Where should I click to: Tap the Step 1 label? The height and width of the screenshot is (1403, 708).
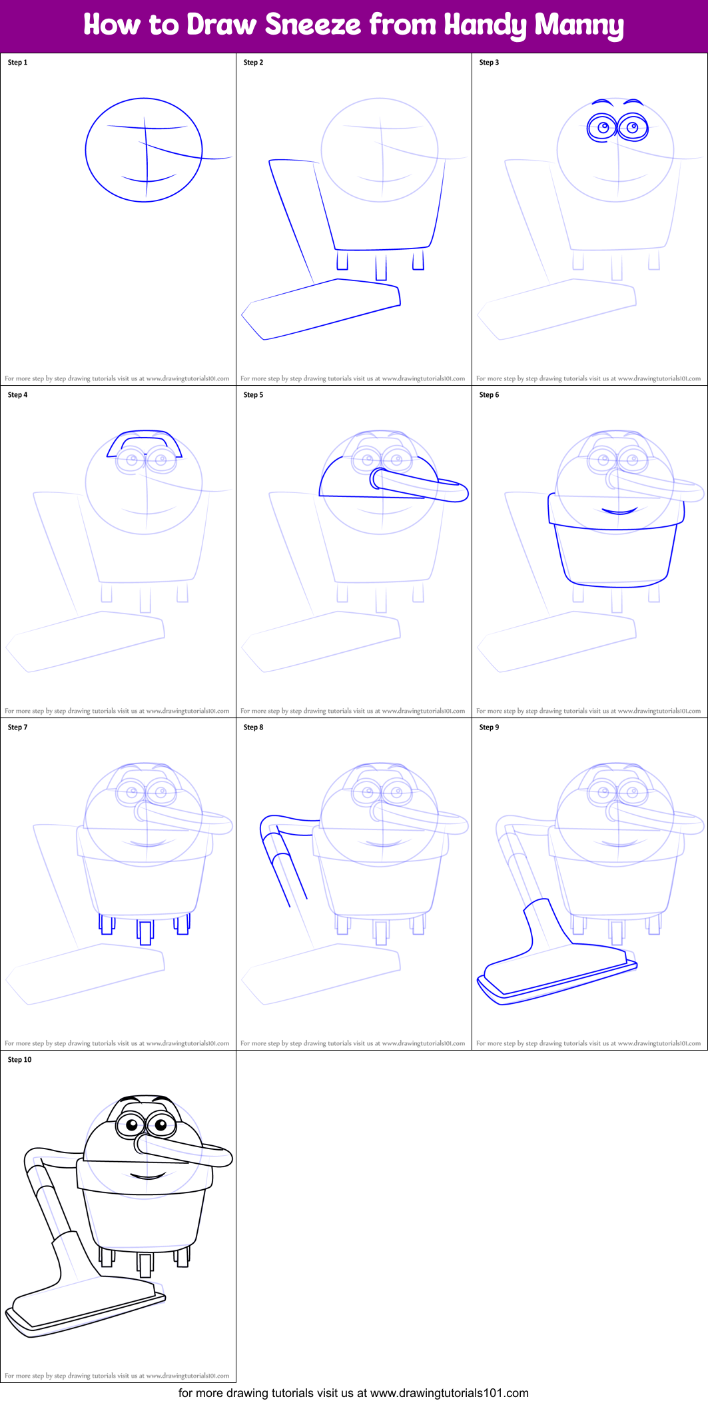pyautogui.click(x=17, y=63)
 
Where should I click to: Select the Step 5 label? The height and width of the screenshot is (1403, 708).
pyautogui.click(x=253, y=395)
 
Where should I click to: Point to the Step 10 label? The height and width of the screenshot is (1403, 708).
pyautogui.click(x=19, y=1060)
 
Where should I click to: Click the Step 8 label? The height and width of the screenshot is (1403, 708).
pyautogui.click(x=253, y=727)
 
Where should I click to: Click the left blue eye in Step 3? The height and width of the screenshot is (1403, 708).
pyautogui.click(x=602, y=127)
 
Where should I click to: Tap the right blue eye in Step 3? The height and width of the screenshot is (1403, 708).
pyautogui.click(x=633, y=127)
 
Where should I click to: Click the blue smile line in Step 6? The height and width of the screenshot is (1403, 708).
pyautogui.click(x=619, y=512)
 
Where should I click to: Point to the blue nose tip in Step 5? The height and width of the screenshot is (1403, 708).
pyautogui.click(x=460, y=492)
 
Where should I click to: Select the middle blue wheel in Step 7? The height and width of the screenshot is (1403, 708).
pyautogui.click(x=145, y=931)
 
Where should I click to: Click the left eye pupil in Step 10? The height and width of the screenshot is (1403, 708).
pyautogui.click(x=132, y=1127)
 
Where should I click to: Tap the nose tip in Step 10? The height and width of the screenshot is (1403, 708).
pyautogui.click(x=223, y=1158)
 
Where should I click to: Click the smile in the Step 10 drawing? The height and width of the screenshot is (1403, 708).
pyautogui.click(x=148, y=1176)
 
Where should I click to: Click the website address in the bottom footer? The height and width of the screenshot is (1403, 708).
pyautogui.click(x=449, y=1393)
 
